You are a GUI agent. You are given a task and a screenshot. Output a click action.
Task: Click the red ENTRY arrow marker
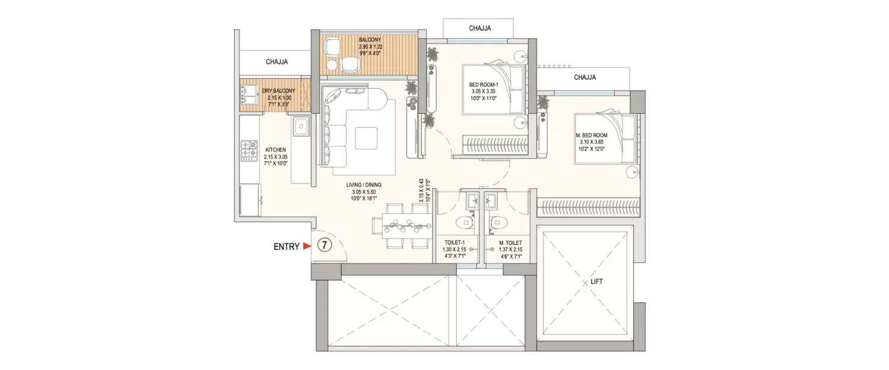306,246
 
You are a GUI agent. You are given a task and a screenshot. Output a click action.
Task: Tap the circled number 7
324,245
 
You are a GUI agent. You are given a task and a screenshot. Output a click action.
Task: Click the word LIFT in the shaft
596,282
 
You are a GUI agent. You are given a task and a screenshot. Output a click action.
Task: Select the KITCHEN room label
276,150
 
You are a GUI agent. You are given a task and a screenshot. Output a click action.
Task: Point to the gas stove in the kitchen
248,150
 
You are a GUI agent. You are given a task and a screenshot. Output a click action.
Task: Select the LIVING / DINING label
364,185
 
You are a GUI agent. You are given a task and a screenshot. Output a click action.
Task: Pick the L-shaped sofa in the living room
335,127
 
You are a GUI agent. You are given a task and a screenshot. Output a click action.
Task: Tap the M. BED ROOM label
592,135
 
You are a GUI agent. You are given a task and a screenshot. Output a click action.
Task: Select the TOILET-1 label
456,243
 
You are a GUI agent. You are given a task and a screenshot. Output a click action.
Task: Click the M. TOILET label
510,243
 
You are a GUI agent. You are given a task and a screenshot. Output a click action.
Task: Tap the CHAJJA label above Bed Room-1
479,28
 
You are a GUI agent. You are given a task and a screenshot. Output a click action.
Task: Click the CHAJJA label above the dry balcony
277,62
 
